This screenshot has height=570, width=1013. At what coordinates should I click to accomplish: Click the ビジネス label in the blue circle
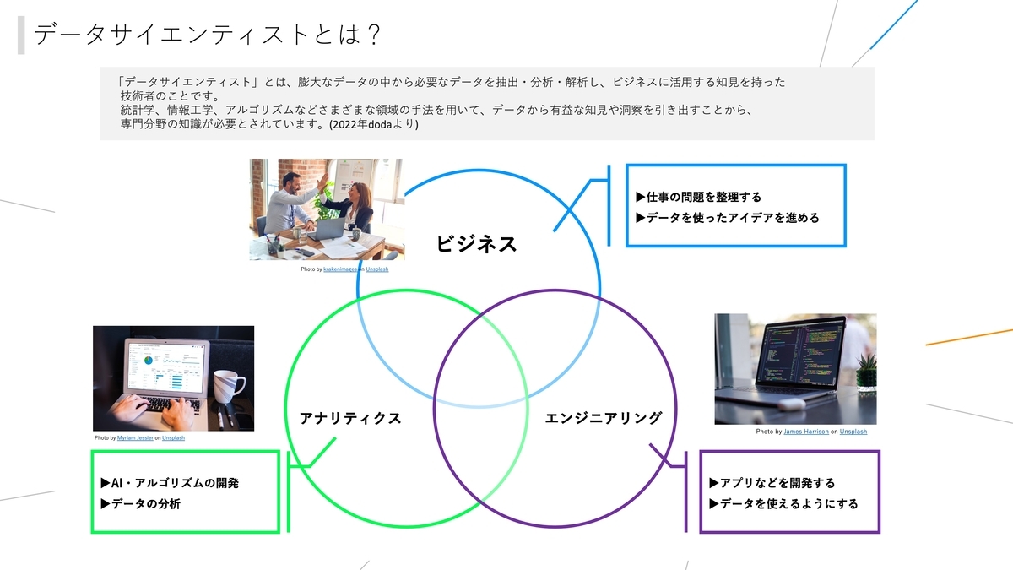click(x=476, y=244)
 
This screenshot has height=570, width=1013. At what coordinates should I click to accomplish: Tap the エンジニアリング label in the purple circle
click(x=603, y=417)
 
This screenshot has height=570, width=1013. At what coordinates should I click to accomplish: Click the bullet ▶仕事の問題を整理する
click(x=698, y=198)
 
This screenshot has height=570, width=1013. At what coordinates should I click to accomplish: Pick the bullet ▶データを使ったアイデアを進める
click(x=727, y=218)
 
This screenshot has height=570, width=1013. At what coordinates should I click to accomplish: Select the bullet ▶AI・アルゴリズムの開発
click(x=170, y=483)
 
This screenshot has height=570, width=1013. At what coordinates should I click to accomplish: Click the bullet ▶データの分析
click(x=140, y=503)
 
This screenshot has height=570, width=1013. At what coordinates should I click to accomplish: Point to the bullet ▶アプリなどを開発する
click(x=772, y=483)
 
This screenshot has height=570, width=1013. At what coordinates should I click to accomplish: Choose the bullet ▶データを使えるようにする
click(x=783, y=503)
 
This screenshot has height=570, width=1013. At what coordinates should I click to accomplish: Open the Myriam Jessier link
click(x=135, y=437)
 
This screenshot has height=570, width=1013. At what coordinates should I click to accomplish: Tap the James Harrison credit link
click(x=806, y=432)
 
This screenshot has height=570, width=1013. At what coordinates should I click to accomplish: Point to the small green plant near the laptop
click(x=866, y=372)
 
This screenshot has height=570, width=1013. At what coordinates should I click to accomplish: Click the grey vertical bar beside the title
click(x=21, y=35)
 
